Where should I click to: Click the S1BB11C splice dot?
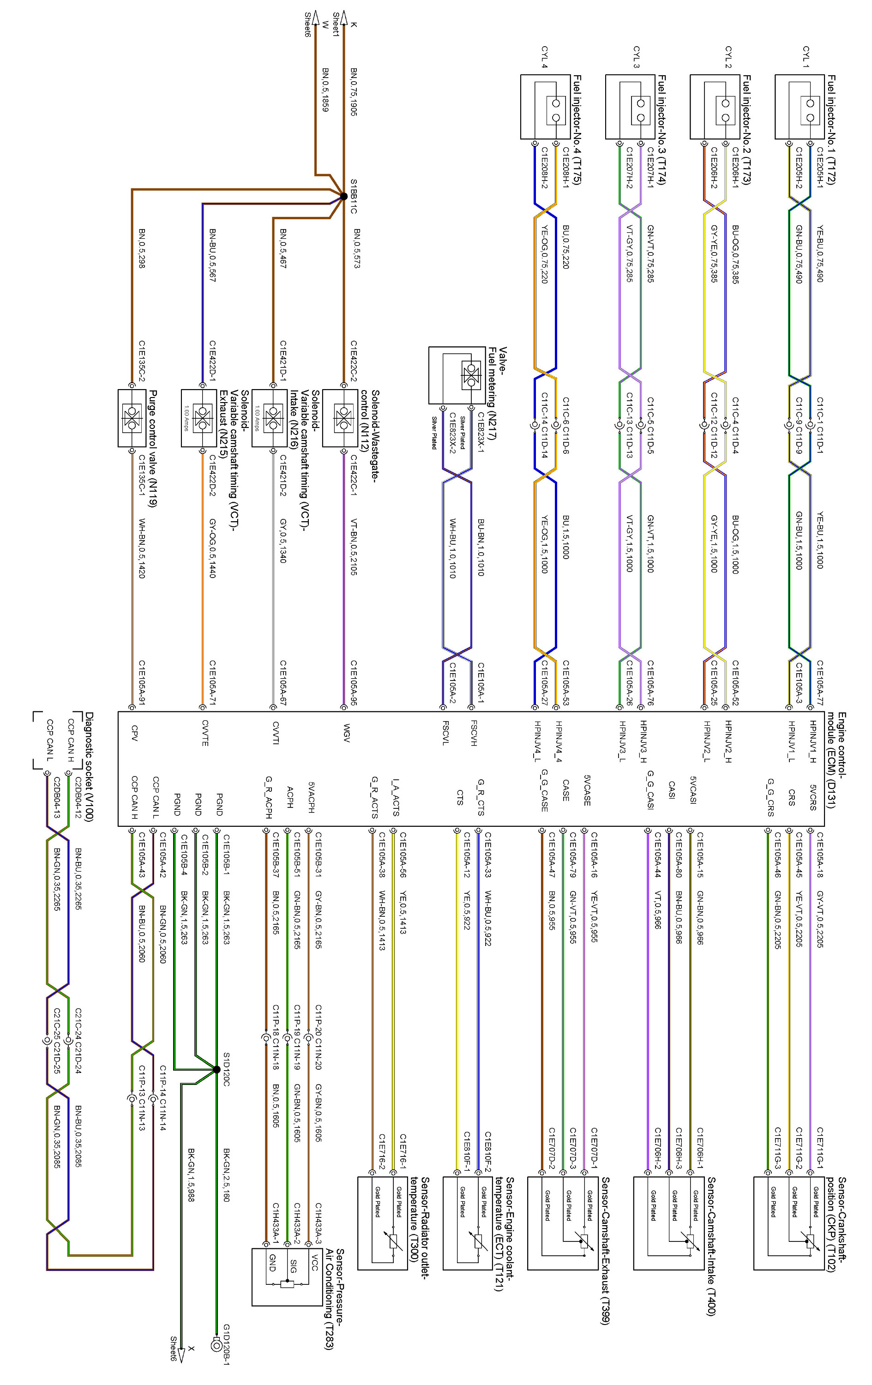coord(344,196)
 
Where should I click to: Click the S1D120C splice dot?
coord(217,1069)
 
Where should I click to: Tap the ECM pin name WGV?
coord(346,733)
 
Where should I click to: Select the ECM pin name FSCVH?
coord(473,733)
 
